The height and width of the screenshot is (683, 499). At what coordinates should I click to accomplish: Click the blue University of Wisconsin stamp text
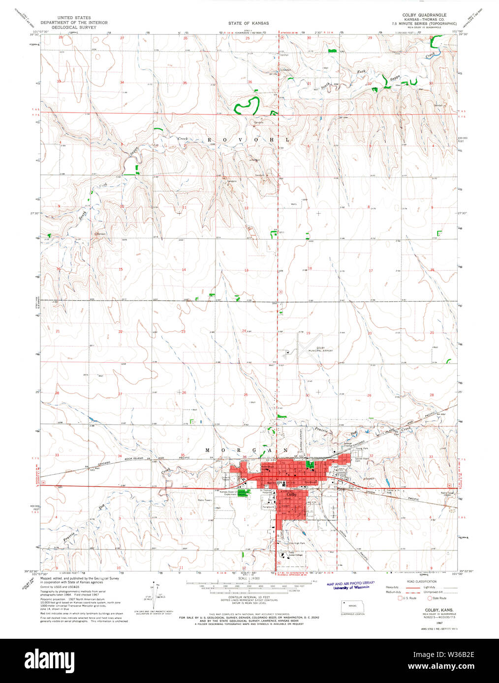[x=350, y=588]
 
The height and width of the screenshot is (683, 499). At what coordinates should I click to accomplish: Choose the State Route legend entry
[x=429, y=598]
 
